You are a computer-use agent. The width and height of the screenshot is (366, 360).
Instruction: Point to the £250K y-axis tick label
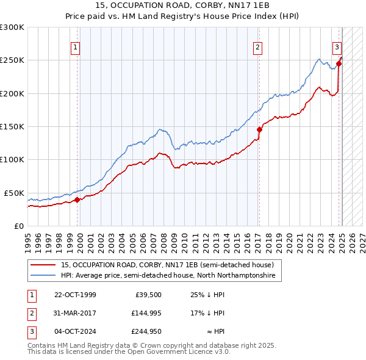[12, 60]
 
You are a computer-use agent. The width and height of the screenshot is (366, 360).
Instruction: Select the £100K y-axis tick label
[12, 159]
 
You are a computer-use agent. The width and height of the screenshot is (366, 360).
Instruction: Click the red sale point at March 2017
[259, 129]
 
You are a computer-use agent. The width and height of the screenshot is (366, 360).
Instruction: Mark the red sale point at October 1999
[77, 200]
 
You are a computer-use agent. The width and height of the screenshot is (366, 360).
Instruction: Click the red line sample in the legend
[43, 265]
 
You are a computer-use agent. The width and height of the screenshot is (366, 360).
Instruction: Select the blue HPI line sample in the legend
[43, 276]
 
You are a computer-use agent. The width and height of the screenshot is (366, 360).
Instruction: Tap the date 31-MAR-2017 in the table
[75, 313]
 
